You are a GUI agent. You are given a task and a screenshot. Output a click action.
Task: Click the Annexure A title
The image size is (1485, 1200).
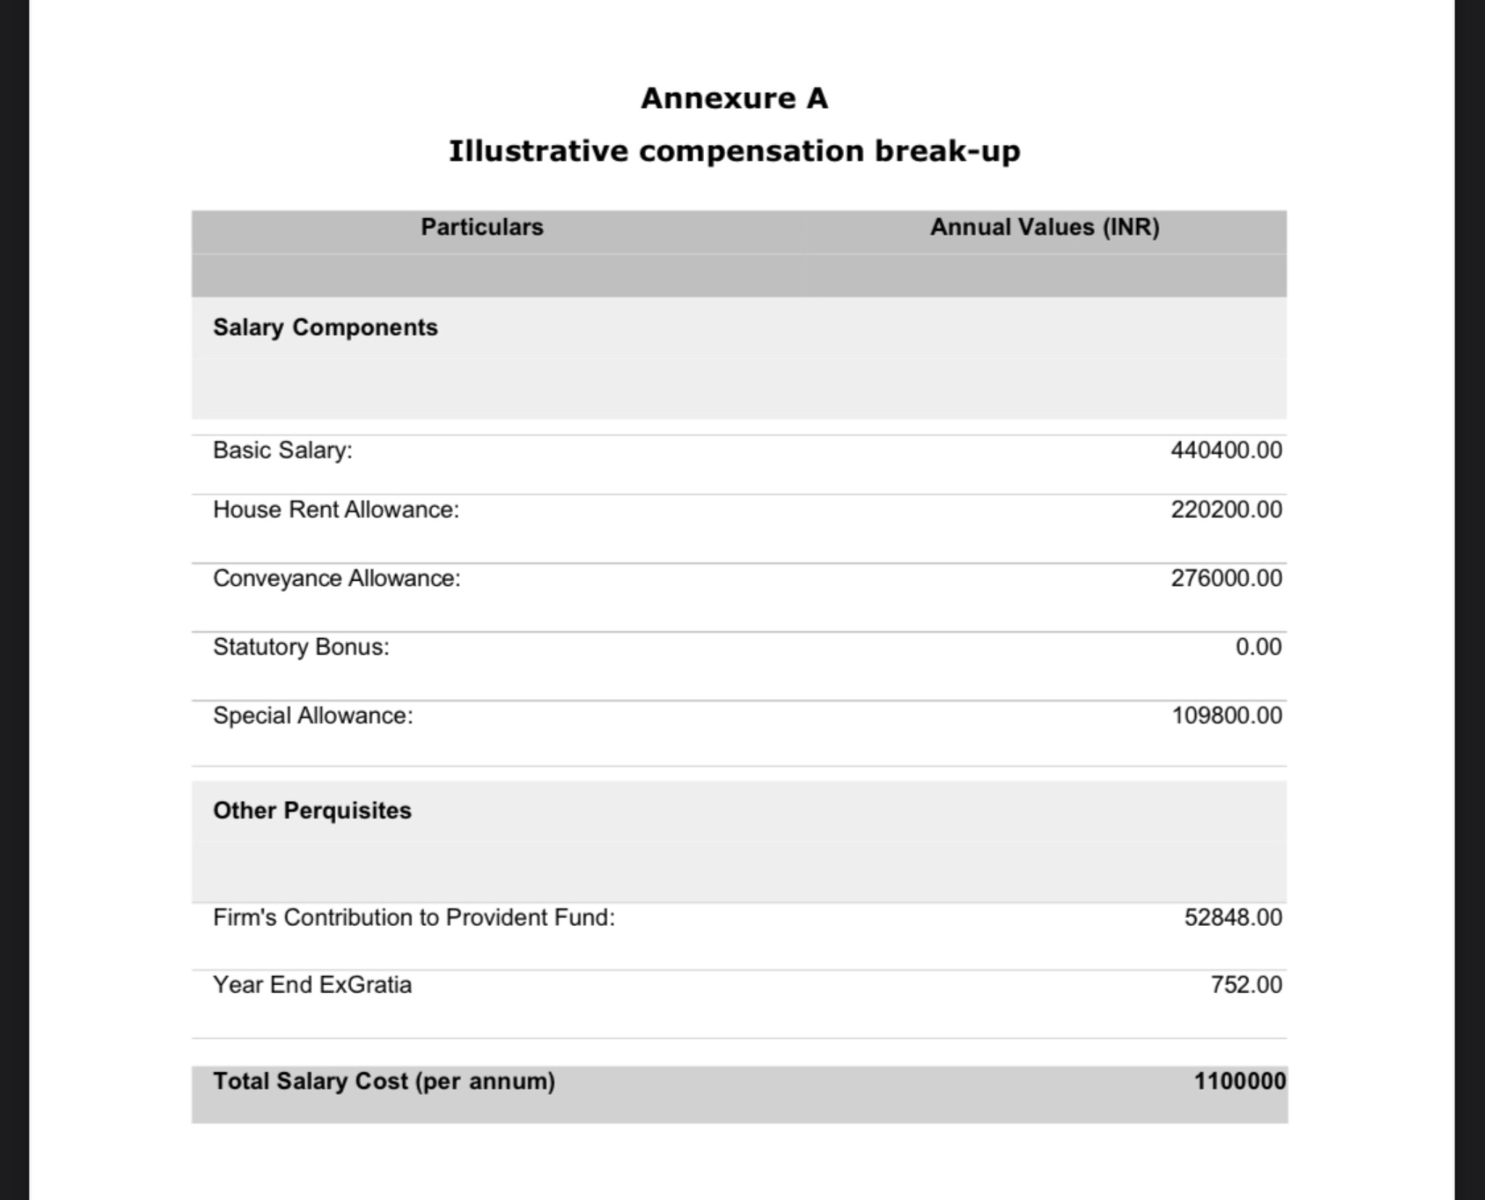pyautogui.click(x=734, y=99)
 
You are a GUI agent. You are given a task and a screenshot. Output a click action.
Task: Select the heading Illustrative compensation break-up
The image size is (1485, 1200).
pyautogui.click(x=734, y=152)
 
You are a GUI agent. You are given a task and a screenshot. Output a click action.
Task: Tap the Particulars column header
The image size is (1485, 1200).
pyautogui.click(x=482, y=228)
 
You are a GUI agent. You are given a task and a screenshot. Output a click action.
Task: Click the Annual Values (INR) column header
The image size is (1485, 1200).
pyautogui.click(x=1045, y=228)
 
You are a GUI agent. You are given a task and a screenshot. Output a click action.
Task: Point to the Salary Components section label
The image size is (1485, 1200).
pyautogui.click(x=325, y=328)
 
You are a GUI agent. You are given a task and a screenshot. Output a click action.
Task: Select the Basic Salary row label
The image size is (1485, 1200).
pyautogui.click(x=282, y=450)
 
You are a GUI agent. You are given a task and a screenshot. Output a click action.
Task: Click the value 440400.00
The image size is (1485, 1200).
pyautogui.click(x=1226, y=450)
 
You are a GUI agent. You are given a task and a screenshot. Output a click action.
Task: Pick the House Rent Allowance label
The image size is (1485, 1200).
pyautogui.click(x=336, y=510)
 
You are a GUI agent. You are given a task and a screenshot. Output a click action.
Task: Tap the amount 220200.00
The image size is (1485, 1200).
pyautogui.click(x=1226, y=510)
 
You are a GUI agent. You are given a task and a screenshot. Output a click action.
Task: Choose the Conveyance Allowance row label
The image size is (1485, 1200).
pyautogui.click(x=336, y=579)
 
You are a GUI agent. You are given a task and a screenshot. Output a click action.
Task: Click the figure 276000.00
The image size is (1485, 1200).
pyautogui.click(x=1226, y=579)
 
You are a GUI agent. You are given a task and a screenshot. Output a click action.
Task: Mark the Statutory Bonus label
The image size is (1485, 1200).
pyautogui.click(x=301, y=647)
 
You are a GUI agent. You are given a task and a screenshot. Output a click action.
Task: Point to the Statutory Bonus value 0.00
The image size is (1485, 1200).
pyautogui.click(x=1258, y=647)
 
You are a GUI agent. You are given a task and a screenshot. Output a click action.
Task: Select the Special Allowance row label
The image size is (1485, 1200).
pyautogui.click(x=313, y=716)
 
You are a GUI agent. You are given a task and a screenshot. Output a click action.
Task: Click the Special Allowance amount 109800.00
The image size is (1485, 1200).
pyautogui.click(x=1227, y=716)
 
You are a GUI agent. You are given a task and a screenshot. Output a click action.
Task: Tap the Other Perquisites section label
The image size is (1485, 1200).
pyautogui.click(x=312, y=811)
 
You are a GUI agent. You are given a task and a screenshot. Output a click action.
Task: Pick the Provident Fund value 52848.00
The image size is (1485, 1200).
pyautogui.click(x=1233, y=918)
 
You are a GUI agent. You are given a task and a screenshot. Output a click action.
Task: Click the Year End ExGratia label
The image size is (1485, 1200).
pyautogui.click(x=312, y=985)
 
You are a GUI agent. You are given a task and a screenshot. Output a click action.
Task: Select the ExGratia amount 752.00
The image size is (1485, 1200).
pyautogui.click(x=1246, y=985)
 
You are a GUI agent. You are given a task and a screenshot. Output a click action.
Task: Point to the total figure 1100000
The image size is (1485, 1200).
pyautogui.click(x=1239, y=1082)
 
